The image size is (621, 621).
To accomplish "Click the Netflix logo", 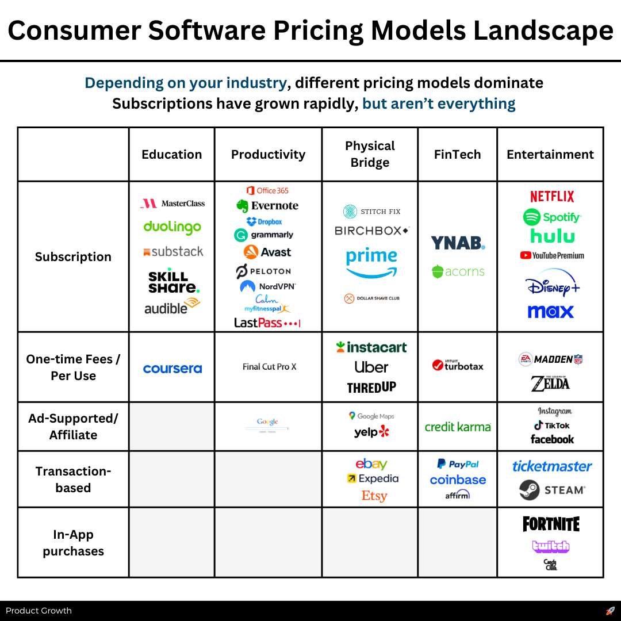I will (552, 197).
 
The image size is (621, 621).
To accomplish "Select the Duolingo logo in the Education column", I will (172, 227).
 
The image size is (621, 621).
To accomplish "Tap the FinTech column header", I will (457, 154).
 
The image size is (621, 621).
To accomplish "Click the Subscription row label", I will (73, 257).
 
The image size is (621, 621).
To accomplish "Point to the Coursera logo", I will (172, 369).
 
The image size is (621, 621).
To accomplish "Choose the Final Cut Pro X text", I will (269, 367).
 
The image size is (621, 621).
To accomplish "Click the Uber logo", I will (371, 367).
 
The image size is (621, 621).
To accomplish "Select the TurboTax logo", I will (458, 365).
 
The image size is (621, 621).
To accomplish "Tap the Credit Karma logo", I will (458, 427).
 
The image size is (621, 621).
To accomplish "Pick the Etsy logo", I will (374, 496).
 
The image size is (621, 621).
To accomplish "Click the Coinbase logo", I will (458, 480).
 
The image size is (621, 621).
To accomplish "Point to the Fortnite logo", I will (551, 524).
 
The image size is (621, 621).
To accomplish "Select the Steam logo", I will (551, 490).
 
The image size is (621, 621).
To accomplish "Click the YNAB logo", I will (458, 243).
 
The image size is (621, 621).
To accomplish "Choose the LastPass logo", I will (267, 323).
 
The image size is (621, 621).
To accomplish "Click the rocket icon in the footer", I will (610, 611).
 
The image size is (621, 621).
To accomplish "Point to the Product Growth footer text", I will (39, 611).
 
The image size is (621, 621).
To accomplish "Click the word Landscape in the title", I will (543, 30).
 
